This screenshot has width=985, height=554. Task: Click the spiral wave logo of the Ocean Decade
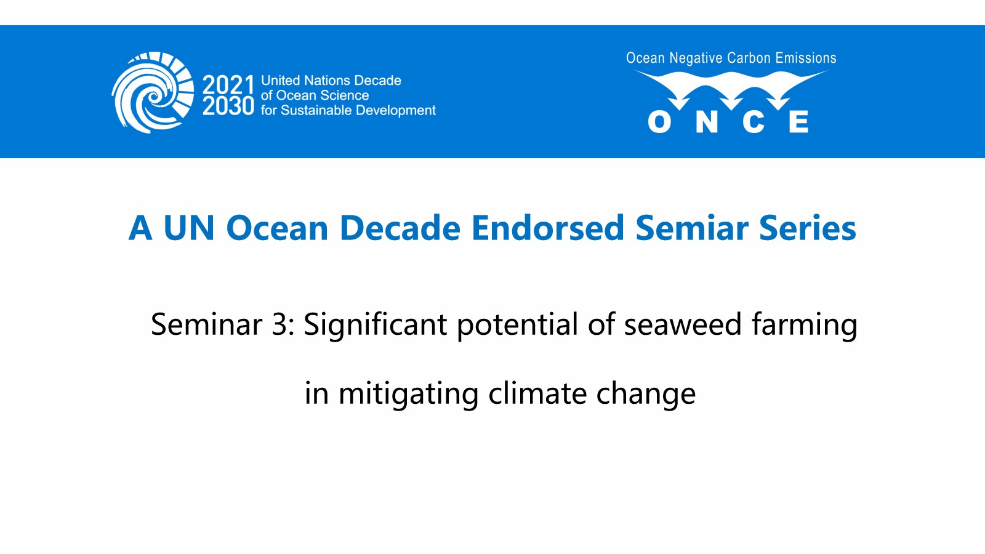(153, 92)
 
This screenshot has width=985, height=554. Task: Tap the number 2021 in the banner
(228, 85)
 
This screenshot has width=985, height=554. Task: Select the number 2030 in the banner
(228, 106)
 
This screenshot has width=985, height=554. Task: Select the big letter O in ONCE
(659, 122)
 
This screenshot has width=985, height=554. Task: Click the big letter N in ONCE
(707, 122)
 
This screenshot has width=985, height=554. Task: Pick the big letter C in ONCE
(754, 122)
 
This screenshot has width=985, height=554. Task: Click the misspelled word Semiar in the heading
(692, 228)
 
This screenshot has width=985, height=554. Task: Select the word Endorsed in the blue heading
(548, 228)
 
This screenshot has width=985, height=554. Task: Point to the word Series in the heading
(807, 228)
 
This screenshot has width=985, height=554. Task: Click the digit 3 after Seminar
(279, 324)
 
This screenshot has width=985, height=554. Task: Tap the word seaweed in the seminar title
(683, 324)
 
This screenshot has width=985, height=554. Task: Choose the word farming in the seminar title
(804, 326)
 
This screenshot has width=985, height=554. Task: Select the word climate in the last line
(537, 393)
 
